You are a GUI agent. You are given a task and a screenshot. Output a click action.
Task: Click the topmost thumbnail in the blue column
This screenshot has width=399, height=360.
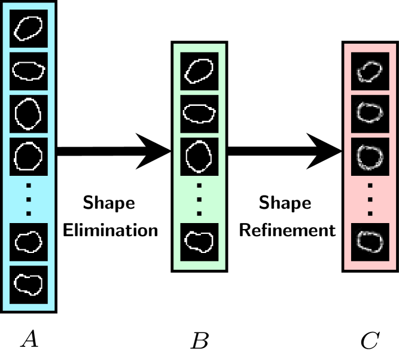tap(29, 28)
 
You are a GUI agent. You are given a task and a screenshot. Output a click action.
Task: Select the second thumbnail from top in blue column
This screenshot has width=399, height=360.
tap(29, 71)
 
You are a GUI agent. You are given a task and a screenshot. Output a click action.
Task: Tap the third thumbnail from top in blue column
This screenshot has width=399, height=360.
tap(29, 114)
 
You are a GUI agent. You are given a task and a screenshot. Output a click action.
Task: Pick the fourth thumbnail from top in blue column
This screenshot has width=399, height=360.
tap(29, 157)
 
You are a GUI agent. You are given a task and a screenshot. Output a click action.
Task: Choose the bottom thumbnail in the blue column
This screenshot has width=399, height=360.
tap(29, 285)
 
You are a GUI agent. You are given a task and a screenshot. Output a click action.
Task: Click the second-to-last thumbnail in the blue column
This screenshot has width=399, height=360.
tap(29, 242)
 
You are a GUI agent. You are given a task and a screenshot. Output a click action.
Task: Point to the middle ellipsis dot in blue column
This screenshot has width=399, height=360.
tap(29, 199)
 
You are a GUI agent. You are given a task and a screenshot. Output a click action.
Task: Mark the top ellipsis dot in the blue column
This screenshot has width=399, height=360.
tap(29, 186)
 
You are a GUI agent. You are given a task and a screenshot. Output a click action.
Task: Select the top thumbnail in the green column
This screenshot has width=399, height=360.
tap(199, 71)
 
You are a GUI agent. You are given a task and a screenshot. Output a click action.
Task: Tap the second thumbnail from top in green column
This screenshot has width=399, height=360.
tap(199, 114)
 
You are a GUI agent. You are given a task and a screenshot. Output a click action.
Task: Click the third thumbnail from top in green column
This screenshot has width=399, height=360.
tap(199, 157)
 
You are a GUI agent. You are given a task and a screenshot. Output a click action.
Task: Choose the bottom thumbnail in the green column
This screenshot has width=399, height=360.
tap(199, 242)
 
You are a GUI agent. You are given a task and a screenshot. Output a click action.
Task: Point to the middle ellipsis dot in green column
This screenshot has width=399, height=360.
tap(199, 199)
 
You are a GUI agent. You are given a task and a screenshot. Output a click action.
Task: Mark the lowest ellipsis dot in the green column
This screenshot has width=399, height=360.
tap(199, 213)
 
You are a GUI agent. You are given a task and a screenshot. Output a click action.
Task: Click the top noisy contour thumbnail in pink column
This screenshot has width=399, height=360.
tap(370, 71)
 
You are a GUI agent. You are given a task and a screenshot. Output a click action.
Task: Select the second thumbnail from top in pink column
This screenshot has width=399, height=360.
tap(370, 114)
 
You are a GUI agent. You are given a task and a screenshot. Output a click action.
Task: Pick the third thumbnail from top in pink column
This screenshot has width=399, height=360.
tap(370, 157)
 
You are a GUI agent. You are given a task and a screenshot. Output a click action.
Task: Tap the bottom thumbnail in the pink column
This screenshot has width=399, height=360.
tap(370, 242)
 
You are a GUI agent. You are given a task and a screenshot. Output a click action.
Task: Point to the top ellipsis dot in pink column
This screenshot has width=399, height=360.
tap(370, 186)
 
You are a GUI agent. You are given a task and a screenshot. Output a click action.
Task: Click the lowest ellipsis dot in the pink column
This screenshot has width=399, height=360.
tap(370, 213)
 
